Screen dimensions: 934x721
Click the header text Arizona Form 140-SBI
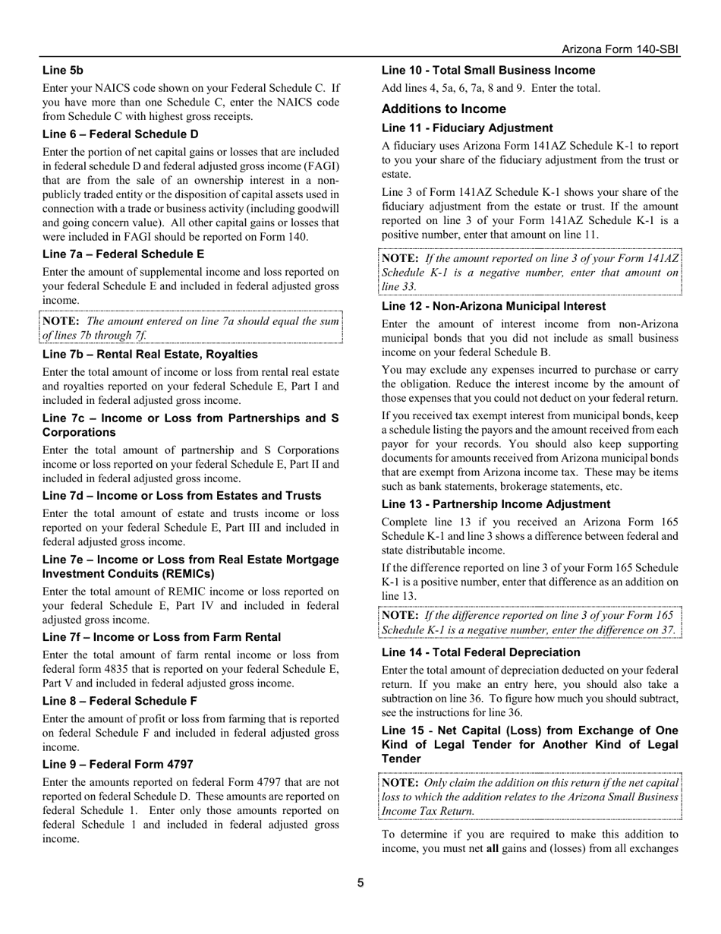[619, 49]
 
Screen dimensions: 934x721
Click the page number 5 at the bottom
[360, 882]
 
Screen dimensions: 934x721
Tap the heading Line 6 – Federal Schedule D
[121, 134]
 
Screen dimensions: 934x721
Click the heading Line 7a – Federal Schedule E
[123, 254]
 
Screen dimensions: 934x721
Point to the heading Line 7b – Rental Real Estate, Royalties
[150, 354]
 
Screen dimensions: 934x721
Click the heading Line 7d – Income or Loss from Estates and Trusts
[181, 495]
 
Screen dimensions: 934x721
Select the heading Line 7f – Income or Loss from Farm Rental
[162, 636]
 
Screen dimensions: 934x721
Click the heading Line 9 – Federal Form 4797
[118, 764]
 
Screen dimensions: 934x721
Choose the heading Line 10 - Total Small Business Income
[489, 70]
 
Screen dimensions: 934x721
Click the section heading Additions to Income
[444, 109]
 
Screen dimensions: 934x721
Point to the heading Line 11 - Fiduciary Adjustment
[468, 128]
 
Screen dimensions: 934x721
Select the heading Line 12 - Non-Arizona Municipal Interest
[494, 306]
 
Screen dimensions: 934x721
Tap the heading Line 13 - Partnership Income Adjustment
[496, 503]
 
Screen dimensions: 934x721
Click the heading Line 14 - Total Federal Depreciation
[480, 652]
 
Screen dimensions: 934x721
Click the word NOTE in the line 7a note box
[61, 321]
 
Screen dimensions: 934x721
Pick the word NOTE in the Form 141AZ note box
[400, 258]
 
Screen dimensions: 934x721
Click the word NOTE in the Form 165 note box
[400, 615]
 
